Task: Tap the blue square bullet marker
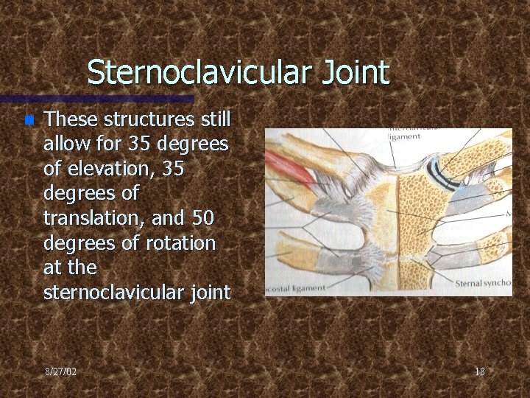29,119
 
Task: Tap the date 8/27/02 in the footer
60,371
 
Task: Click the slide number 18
479,371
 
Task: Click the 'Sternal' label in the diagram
468,283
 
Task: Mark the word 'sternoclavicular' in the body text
109,293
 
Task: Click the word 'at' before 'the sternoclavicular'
54,268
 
